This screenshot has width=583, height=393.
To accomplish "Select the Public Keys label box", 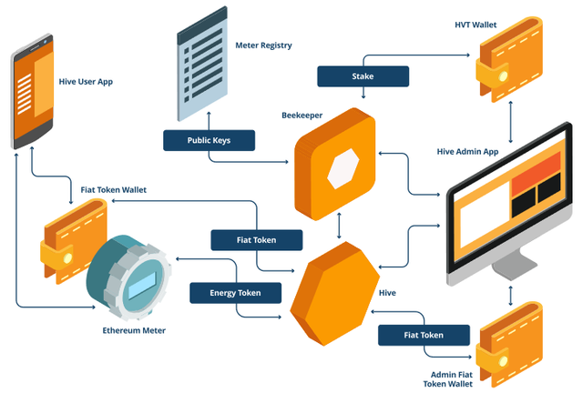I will (x=209, y=140).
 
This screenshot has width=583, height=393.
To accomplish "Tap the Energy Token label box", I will (x=235, y=293).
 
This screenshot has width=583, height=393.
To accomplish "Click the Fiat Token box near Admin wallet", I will (x=424, y=335).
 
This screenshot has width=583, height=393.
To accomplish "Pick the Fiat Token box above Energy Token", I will (x=256, y=240).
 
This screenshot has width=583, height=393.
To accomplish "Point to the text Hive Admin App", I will (x=471, y=151).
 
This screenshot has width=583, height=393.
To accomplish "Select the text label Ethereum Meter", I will (x=134, y=330).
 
